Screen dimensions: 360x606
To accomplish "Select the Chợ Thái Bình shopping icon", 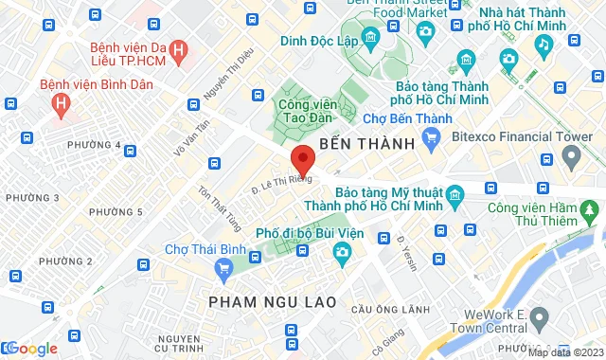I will [x=223, y=268].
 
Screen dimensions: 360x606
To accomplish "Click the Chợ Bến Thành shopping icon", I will [x=432, y=139].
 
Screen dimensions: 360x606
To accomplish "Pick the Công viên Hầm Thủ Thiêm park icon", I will [x=592, y=208].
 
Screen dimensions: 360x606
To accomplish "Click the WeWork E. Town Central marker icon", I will [x=540, y=316].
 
